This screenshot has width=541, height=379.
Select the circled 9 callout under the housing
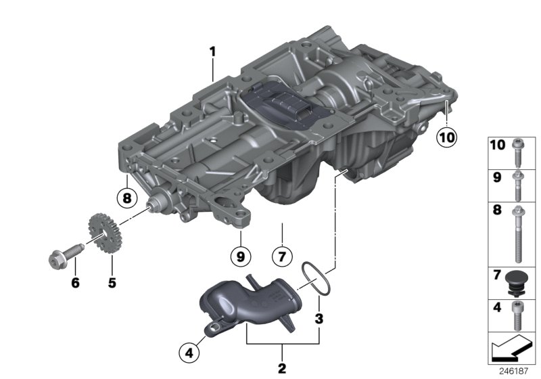(239, 257)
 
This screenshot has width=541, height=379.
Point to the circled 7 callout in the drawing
(283, 257)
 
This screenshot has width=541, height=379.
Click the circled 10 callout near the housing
(446, 137)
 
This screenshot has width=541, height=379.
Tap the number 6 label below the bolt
(75, 282)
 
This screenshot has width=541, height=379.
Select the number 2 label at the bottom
(282, 368)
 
